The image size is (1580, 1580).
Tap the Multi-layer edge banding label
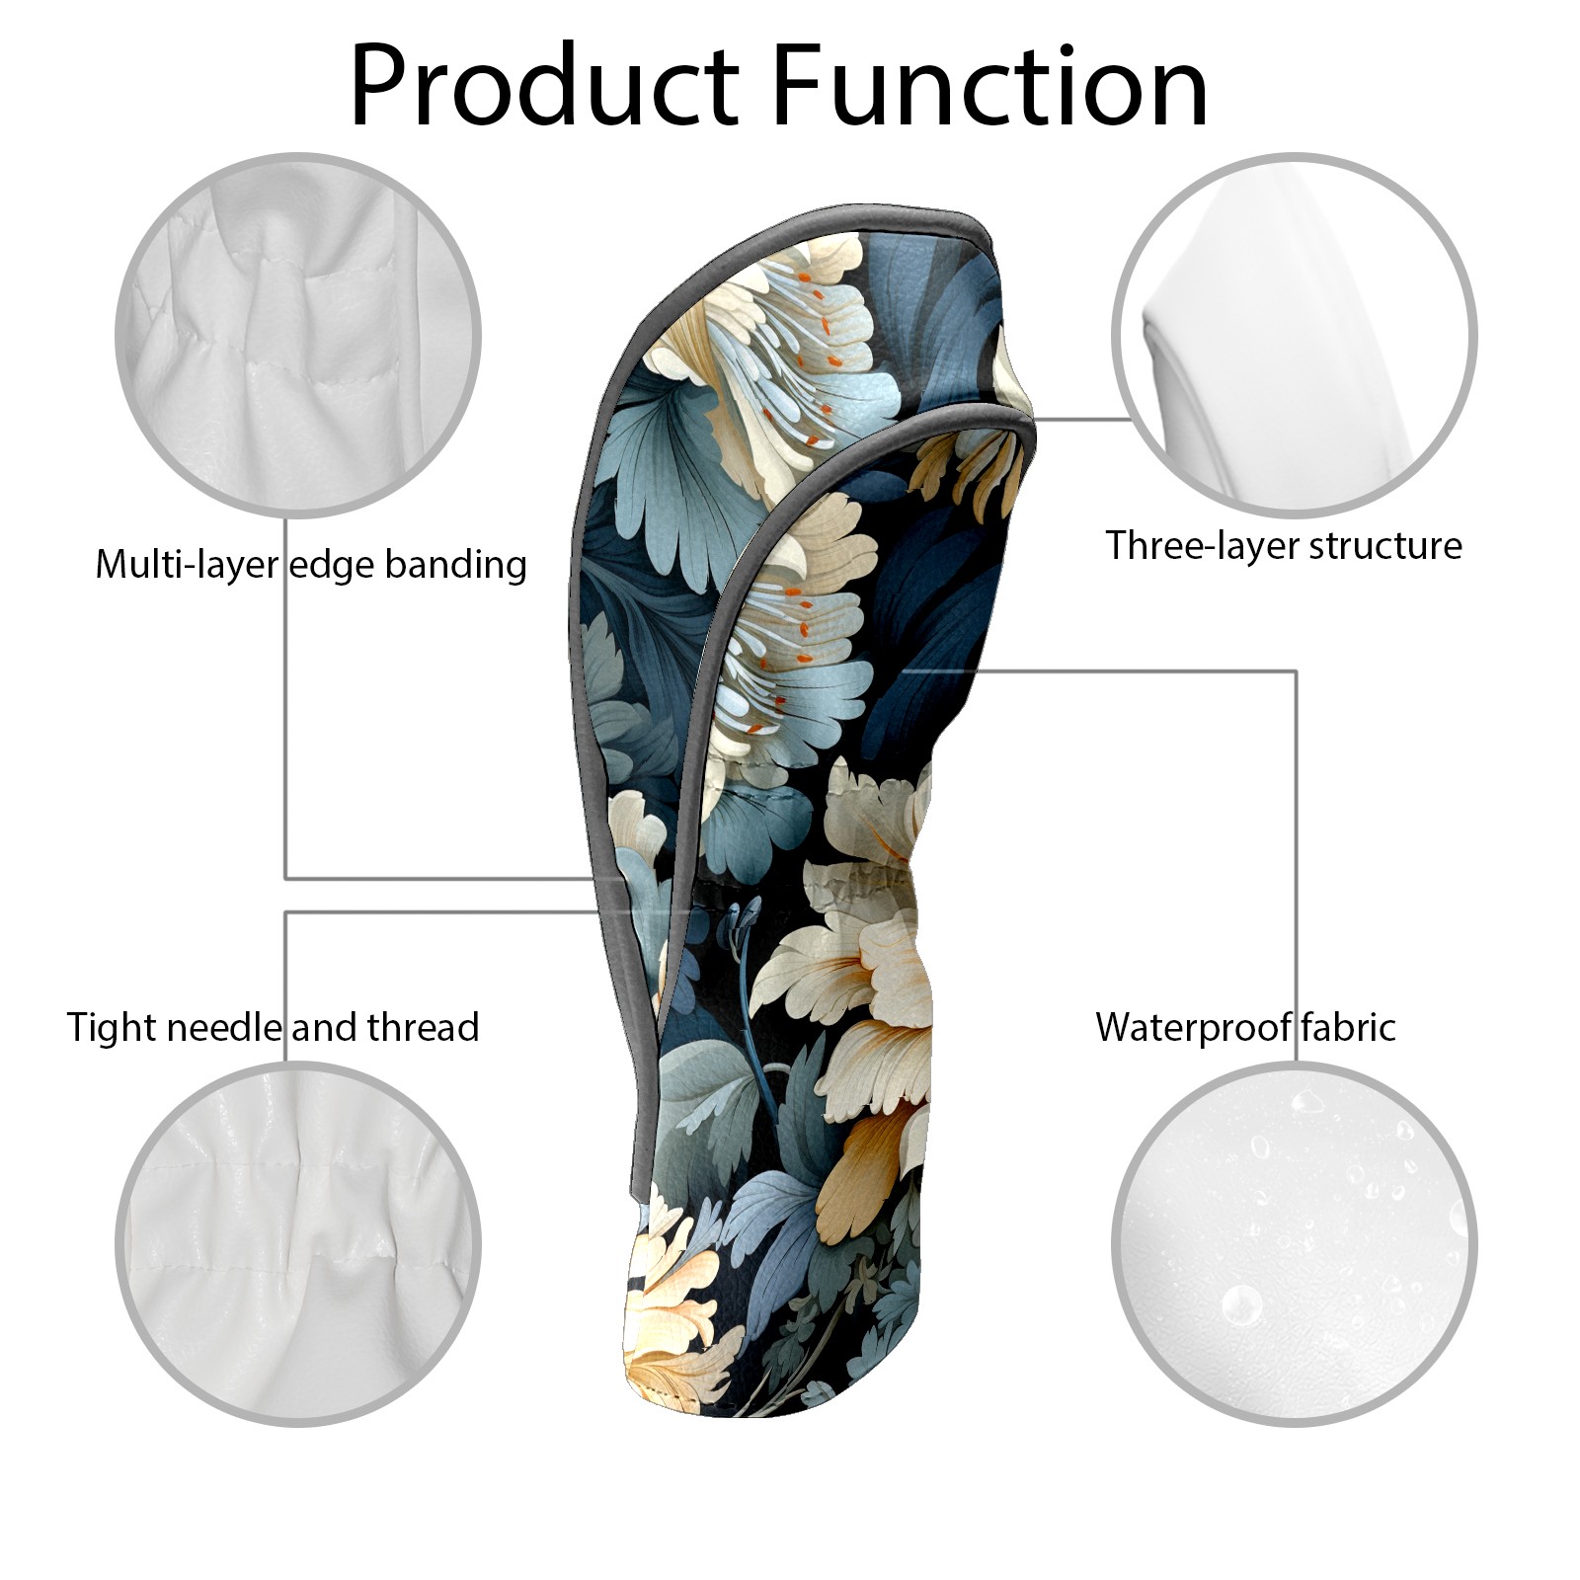(311, 565)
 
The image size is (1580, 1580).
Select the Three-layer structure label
(1284, 545)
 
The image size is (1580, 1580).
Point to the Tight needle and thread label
(274, 1027)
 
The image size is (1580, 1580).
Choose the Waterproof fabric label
(1245, 1027)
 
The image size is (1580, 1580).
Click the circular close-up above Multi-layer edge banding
(298, 335)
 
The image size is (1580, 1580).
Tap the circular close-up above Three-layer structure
(1295, 335)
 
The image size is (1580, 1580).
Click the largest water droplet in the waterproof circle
(1241, 1304)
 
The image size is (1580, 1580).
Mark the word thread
(423, 1027)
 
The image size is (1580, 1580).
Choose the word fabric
(1347, 1027)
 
